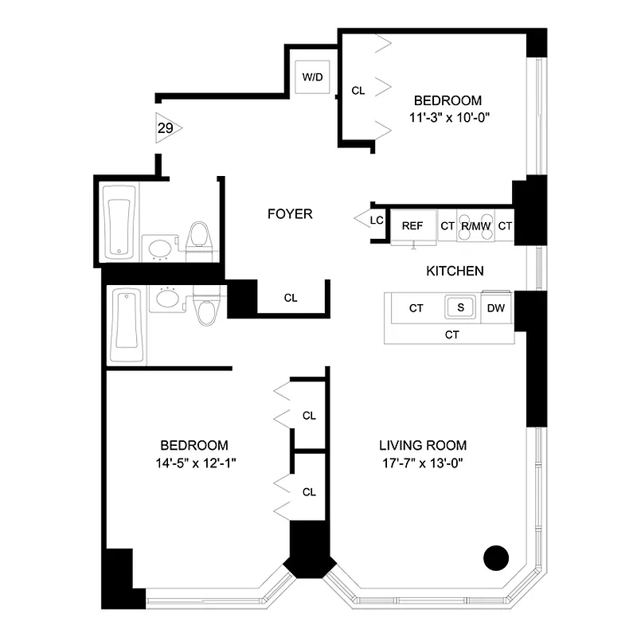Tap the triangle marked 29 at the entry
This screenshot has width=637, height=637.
pos(166,128)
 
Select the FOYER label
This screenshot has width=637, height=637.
pos(289,213)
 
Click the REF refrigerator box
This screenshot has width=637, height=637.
pos(412,226)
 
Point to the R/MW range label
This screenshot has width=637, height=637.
pos(475,226)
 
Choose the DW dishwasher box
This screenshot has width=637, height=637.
pos(494,308)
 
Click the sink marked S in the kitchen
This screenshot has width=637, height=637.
pos(459,307)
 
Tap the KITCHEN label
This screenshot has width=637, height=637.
pos(455,271)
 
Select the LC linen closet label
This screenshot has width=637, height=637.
pos(377,220)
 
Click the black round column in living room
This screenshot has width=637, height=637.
pos(495,557)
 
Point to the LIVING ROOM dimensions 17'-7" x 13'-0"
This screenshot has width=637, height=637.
pos(422,463)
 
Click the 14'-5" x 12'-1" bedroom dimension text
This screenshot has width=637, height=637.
pos(194,463)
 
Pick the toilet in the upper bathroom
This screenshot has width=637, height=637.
pos(197,238)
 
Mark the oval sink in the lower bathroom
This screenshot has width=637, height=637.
pos(167,298)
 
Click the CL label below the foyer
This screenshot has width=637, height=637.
pos(291,298)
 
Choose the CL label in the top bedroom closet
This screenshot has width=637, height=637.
pos(358,91)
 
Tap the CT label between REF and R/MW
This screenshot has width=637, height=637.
pos(447,226)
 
